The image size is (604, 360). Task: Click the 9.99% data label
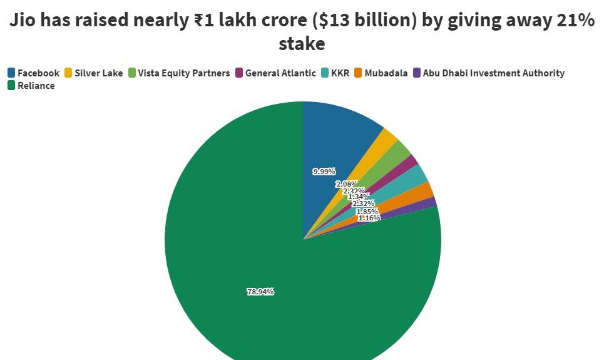tap(324, 172)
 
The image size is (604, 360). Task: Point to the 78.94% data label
tap(260, 292)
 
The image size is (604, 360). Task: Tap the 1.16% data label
tap(369, 218)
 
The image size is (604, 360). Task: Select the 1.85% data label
tap(367, 212)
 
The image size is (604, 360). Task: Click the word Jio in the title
tap(27, 21)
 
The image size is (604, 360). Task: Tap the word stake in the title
tap(302, 43)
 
